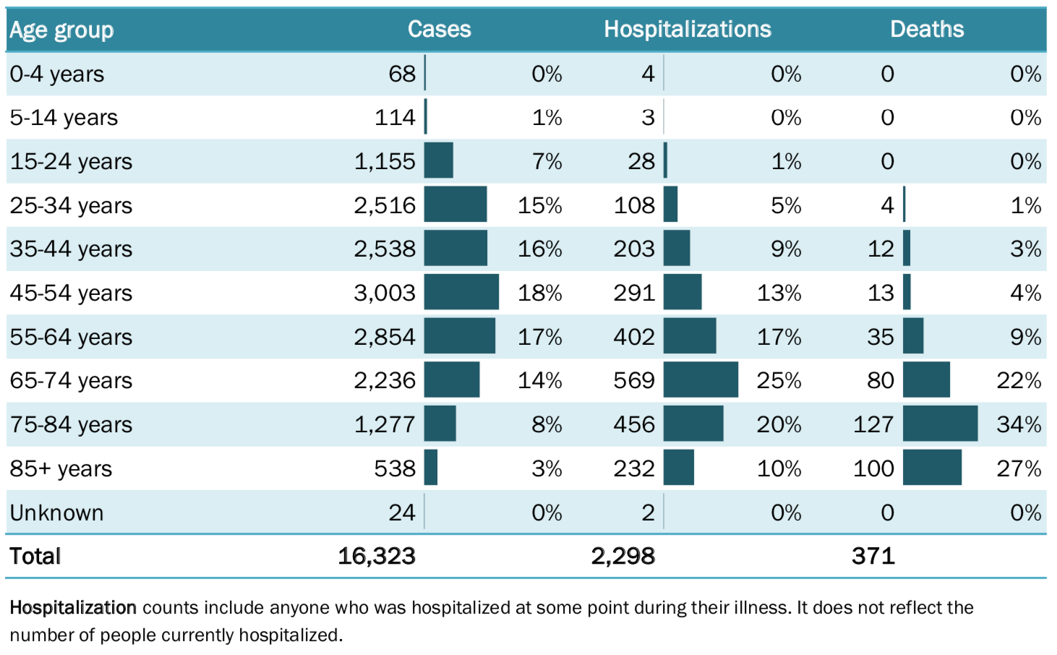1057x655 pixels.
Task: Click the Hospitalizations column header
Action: click(x=687, y=30)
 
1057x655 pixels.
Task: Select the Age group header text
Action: click(x=61, y=30)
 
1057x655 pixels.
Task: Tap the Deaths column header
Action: click(x=926, y=30)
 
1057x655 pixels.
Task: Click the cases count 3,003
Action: click(x=384, y=293)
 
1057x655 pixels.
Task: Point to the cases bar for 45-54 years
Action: click(x=461, y=292)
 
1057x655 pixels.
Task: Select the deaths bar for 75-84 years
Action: click(x=940, y=424)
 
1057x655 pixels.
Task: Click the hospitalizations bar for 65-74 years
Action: click(x=701, y=380)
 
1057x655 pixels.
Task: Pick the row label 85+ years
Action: click(x=61, y=468)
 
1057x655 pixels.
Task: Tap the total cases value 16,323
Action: click(x=376, y=556)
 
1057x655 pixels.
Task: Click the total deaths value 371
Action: click(x=873, y=556)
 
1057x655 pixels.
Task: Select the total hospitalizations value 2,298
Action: click(x=622, y=556)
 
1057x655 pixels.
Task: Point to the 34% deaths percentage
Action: click(x=1018, y=424)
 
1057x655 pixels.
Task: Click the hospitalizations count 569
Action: click(x=633, y=380)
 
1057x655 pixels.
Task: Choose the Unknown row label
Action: click(x=56, y=513)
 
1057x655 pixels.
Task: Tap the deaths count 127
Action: click(x=873, y=424)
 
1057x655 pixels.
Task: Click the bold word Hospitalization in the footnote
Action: click(x=73, y=607)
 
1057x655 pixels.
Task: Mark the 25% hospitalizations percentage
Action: click(x=779, y=380)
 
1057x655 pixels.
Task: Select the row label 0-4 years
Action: click(x=56, y=74)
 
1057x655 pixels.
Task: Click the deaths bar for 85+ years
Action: click(x=932, y=468)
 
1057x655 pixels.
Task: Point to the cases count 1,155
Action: click(x=384, y=161)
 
